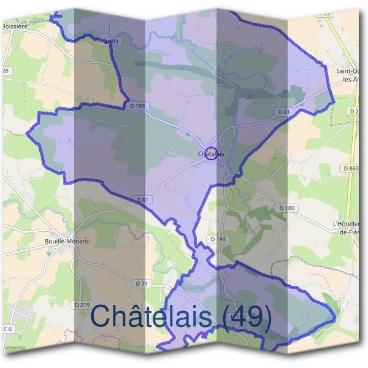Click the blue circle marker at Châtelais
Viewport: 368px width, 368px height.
coord(211,153)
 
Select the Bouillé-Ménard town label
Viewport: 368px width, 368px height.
coord(67,241)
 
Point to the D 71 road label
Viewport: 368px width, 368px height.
coord(142,283)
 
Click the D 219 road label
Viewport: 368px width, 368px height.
coord(82,305)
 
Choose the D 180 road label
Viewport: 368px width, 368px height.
coord(286,209)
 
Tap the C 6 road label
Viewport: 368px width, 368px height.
coord(7,330)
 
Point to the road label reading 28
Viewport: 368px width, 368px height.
coord(6,71)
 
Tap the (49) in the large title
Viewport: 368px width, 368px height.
coord(246,317)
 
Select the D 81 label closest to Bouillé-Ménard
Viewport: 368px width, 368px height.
coord(142,200)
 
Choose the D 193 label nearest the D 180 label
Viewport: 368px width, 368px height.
coord(217,239)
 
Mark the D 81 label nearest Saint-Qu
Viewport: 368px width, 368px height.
coord(283,112)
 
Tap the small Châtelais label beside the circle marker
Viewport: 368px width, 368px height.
coord(204,153)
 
